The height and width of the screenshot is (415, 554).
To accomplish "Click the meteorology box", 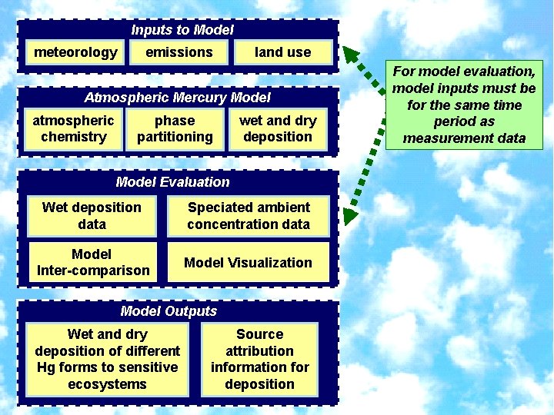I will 75,52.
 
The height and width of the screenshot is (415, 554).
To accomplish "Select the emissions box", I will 179,52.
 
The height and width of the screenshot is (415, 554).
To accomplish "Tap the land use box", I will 283,52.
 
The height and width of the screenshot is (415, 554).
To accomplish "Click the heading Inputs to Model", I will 182,30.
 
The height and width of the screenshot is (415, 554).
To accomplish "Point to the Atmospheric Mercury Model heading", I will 177,98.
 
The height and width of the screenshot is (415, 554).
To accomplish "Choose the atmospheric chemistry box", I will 73,128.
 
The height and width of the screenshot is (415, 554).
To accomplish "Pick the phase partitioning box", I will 175,128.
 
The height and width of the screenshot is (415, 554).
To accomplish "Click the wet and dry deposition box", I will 278,128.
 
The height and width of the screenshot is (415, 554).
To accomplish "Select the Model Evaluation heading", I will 172,182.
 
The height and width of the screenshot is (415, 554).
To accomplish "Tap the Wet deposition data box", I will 92,216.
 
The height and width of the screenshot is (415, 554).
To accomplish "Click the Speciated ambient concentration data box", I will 249,216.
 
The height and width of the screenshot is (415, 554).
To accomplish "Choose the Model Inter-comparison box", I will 92,262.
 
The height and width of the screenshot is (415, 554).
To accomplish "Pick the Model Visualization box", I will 248,262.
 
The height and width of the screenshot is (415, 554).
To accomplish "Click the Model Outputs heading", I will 169,311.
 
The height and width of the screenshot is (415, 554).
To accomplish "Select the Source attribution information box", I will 259,359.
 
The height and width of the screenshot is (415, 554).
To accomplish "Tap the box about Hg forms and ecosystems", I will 107,359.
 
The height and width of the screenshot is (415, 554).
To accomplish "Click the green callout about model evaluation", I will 464,105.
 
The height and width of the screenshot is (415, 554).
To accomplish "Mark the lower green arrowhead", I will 350,215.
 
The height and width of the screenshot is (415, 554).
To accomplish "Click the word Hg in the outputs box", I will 45,367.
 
